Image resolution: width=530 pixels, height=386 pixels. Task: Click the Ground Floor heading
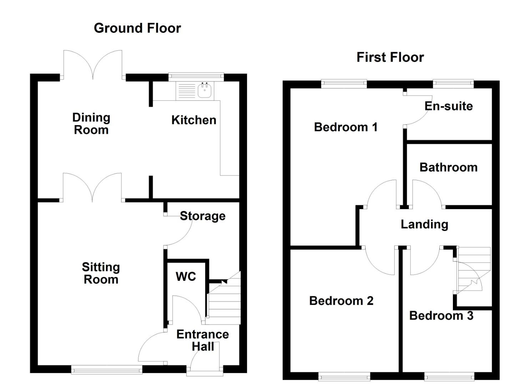click(x=137, y=28)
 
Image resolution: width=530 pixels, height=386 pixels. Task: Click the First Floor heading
click(x=390, y=57)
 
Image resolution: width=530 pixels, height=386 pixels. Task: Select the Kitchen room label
click(x=194, y=120)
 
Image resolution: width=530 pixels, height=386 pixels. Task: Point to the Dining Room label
click(x=91, y=124)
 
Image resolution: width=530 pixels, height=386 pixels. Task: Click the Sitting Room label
click(x=101, y=273)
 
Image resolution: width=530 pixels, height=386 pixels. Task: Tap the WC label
click(x=186, y=276)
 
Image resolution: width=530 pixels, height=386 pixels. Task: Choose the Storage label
click(x=202, y=216)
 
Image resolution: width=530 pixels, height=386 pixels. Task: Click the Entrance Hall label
click(x=202, y=340)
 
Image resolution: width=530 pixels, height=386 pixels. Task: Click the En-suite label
click(x=449, y=106)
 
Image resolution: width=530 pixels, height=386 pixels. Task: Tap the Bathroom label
click(x=448, y=167)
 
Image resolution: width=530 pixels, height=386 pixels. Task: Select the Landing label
click(x=424, y=224)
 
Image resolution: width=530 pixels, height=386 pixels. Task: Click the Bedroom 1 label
click(x=345, y=127)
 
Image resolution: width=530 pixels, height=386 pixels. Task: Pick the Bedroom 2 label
click(x=341, y=301)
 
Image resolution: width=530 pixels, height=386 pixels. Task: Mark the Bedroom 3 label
click(x=441, y=316)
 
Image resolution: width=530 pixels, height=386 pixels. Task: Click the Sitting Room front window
click(x=107, y=370)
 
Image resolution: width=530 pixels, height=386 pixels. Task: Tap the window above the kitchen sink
click(x=196, y=76)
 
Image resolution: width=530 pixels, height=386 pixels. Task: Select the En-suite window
click(x=453, y=84)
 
